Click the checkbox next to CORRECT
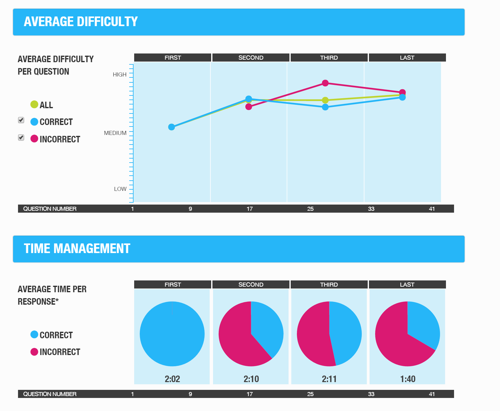point(21,120)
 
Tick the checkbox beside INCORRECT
point(21,137)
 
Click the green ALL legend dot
point(34,104)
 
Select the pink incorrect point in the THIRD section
point(325,83)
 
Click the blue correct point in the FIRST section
point(171,127)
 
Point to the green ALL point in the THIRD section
point(325,100)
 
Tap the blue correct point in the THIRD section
point(325,107)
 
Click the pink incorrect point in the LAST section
point(402,92)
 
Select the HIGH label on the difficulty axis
point(120,75)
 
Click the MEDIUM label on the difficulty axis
point(115,133)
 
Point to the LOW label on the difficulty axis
point(120,189)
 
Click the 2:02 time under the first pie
point(172,379)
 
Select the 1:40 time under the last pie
point(408,379)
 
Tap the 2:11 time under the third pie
point(329,379)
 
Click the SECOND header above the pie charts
point(251,284)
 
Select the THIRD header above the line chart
point(329,58)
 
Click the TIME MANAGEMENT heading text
point(77,249)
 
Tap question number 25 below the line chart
point(310,209)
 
